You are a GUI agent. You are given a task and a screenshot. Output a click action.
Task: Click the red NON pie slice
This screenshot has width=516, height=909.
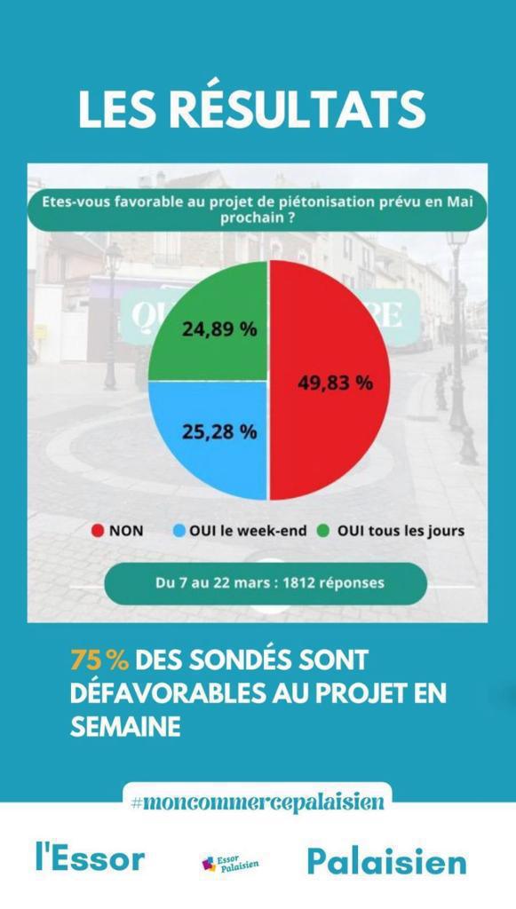[x=329, y=382]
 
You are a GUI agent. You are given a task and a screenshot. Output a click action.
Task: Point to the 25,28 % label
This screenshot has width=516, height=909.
[x=219, y=432]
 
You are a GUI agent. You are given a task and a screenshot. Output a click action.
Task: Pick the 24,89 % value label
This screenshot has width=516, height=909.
[x=219, y=328]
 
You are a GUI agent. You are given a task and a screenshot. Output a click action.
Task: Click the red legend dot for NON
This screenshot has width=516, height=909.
[x=98, y=531]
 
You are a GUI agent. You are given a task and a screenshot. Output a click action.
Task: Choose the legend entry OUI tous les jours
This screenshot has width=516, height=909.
[x=391, y=531]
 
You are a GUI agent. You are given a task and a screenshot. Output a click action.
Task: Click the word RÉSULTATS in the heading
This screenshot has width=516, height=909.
[x=298, y=109]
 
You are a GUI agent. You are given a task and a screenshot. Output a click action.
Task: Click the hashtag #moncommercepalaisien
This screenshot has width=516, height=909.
[x=257, y=802]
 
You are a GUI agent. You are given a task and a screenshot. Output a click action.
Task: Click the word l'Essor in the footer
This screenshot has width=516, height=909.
[x=90, y=859]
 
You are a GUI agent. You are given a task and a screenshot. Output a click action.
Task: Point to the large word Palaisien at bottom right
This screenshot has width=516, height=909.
[x=386, y=861]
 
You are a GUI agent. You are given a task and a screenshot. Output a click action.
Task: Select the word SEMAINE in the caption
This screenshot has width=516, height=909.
[x=125, y=727]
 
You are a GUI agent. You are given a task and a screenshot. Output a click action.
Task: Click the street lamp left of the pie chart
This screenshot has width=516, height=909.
[x=112, y=311]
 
